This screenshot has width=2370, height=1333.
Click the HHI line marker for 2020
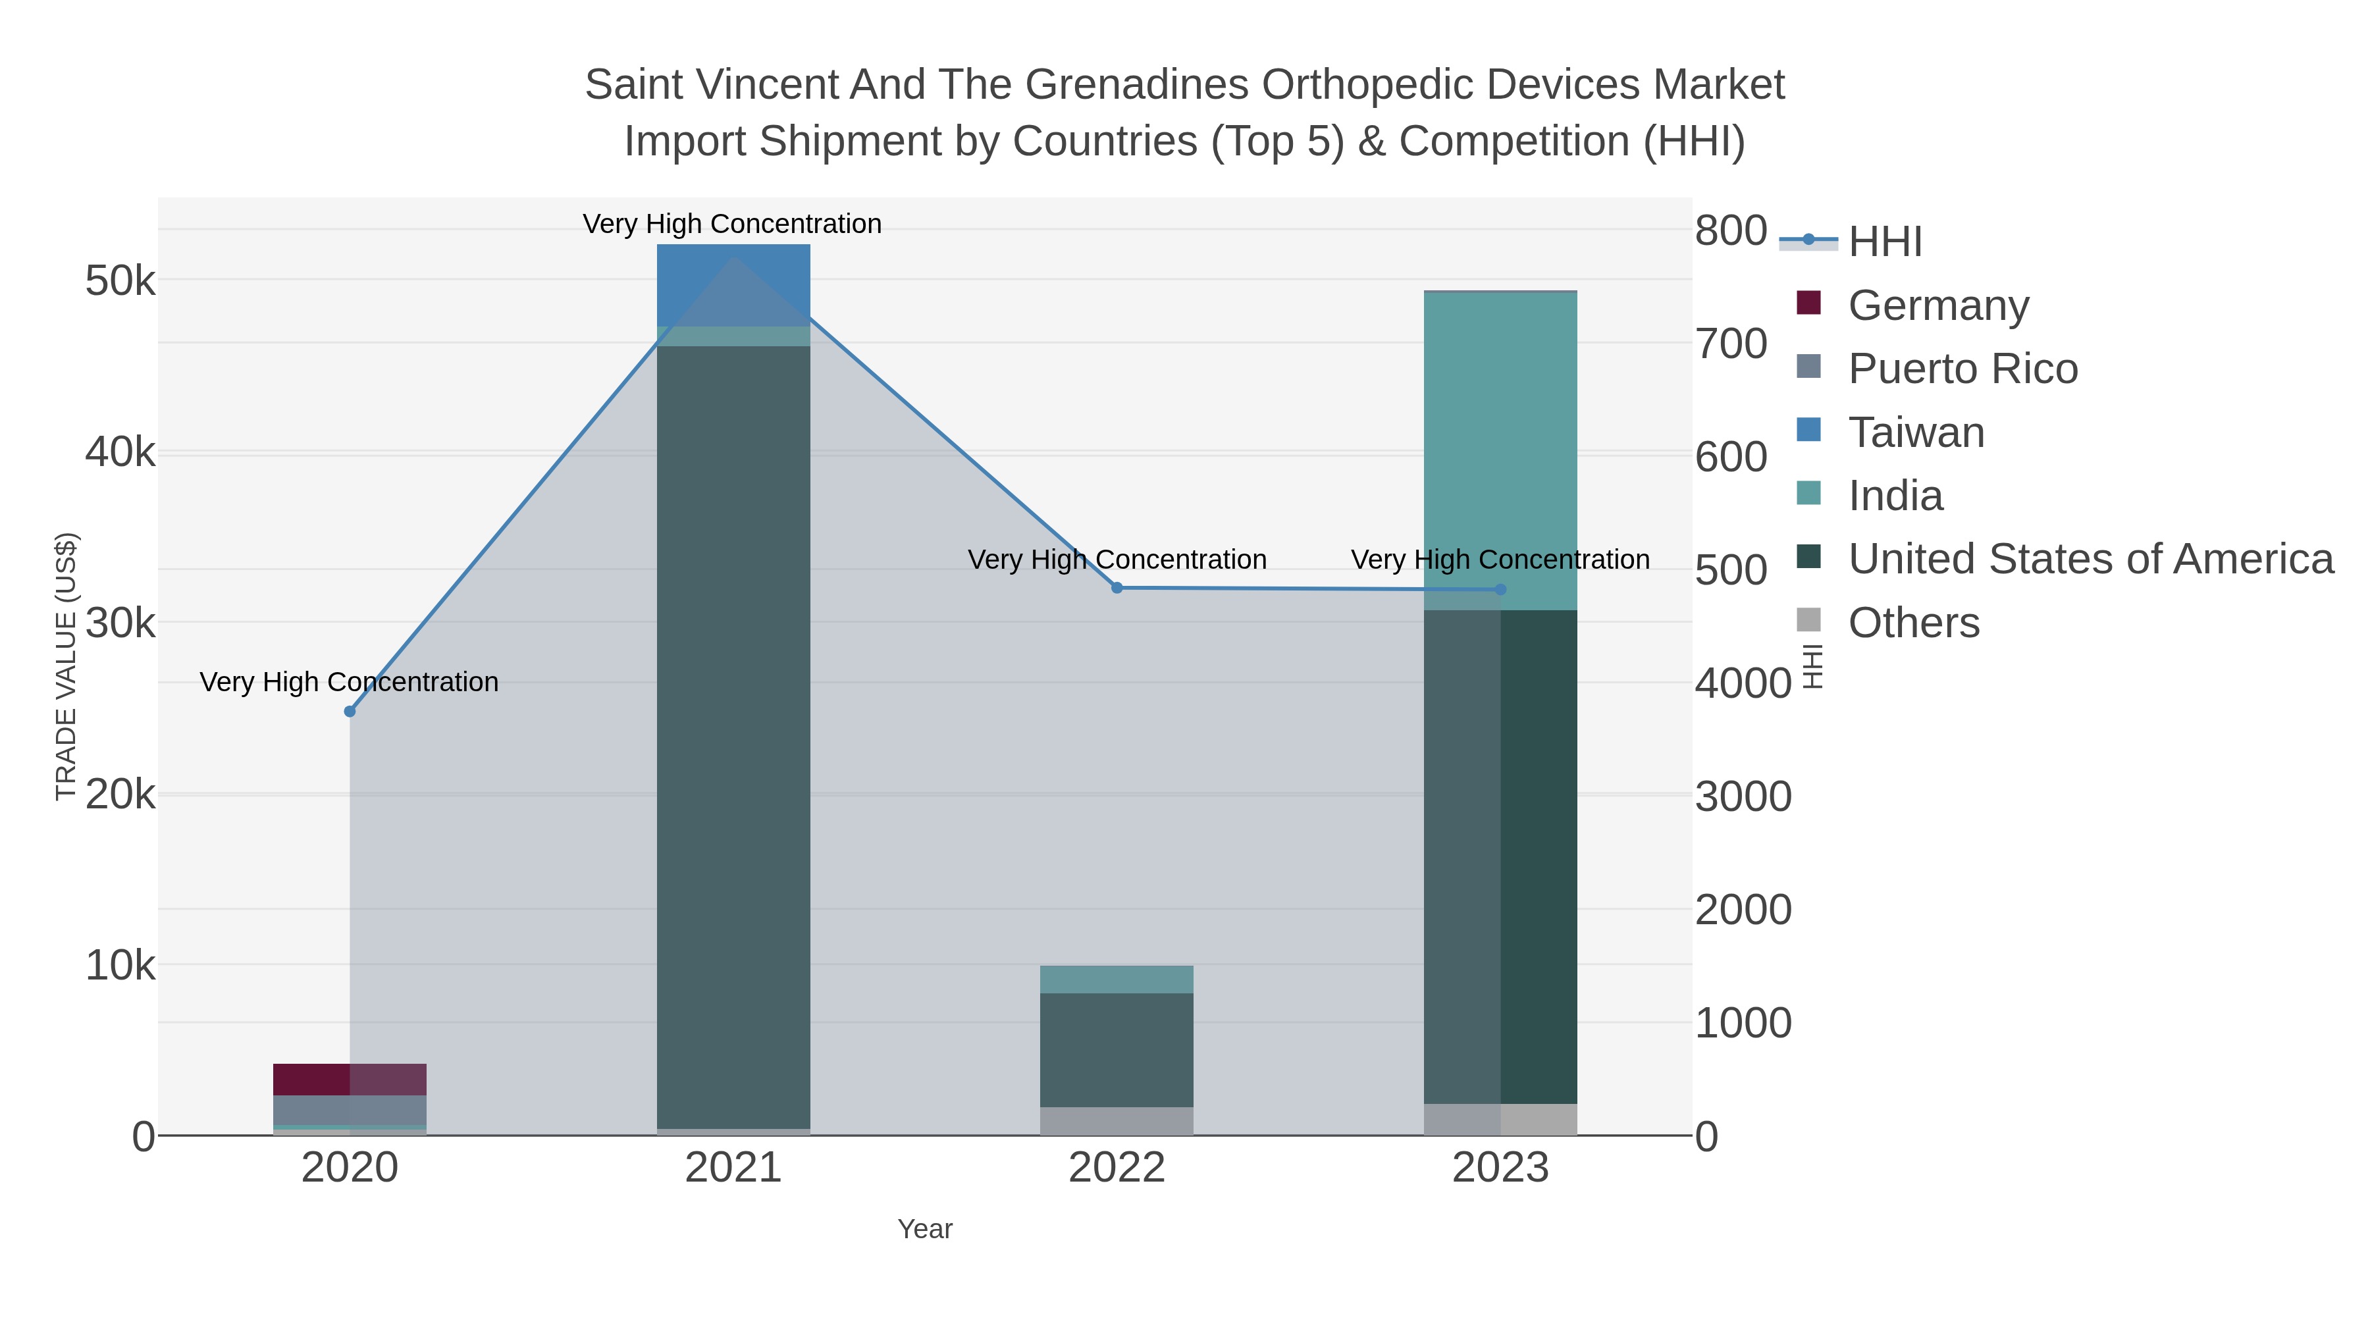pos(350,711)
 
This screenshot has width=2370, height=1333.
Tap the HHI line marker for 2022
pos(1117,588)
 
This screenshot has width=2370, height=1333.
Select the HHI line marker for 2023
pos(1500,590)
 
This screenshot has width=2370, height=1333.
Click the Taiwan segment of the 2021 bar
pos(733,285)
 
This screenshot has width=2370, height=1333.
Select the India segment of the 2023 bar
pos(1500,451)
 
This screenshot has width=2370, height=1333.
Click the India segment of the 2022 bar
pos(1117,979)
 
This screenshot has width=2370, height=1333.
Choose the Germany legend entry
pos(1937,305)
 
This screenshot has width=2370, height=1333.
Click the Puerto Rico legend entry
pos(1962,369)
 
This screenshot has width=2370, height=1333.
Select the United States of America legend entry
pos(2090,560)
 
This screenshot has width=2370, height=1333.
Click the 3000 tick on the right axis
pos(1743,797)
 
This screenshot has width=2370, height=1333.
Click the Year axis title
pos(925,1229)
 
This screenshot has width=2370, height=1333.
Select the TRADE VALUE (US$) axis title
pos(66,666)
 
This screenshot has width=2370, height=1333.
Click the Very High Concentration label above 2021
pos(732,224)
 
